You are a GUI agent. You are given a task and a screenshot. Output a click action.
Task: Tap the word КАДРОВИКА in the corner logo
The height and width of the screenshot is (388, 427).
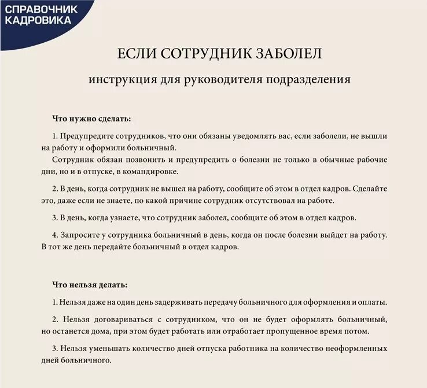pos(38,20)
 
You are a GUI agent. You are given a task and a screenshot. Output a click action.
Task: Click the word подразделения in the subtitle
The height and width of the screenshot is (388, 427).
pos(308,79)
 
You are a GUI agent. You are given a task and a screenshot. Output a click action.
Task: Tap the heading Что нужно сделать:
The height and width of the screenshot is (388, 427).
pos(91,119)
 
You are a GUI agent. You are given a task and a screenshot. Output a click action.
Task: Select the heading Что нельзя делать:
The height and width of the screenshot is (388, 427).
pos(90,285)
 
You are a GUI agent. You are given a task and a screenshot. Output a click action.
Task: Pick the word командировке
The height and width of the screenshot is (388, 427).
pos(148,171)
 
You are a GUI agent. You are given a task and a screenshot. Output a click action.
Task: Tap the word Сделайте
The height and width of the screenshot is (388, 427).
pos(367,189)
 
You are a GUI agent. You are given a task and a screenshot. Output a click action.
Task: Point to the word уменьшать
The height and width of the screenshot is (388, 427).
pos(113,349)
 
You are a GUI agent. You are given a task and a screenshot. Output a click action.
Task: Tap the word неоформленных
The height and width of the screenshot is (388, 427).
pos(358,349)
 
